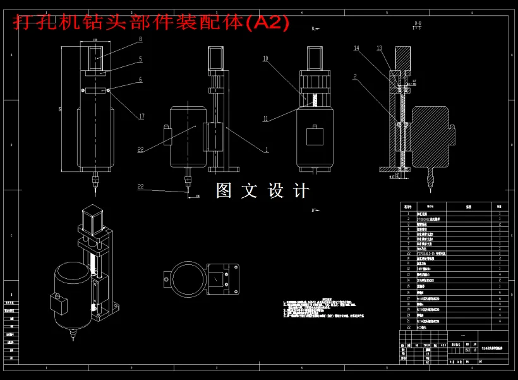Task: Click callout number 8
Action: (x=140, y=39)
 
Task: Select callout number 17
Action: (x=142, y=116)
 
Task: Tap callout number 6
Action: (x=140, y=80)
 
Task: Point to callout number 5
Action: (x=140, y=59)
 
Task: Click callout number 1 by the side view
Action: (x=266, y=150)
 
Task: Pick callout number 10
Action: (x=266, y=59)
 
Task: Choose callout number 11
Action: (x=266, y=118)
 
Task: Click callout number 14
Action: (x=356, y=48)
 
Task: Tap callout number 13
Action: (x=379, y=48)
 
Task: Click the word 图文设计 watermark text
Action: (x=263, y=190)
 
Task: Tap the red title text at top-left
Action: (x=152, y=23)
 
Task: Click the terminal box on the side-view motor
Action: (x=167, y=137)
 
